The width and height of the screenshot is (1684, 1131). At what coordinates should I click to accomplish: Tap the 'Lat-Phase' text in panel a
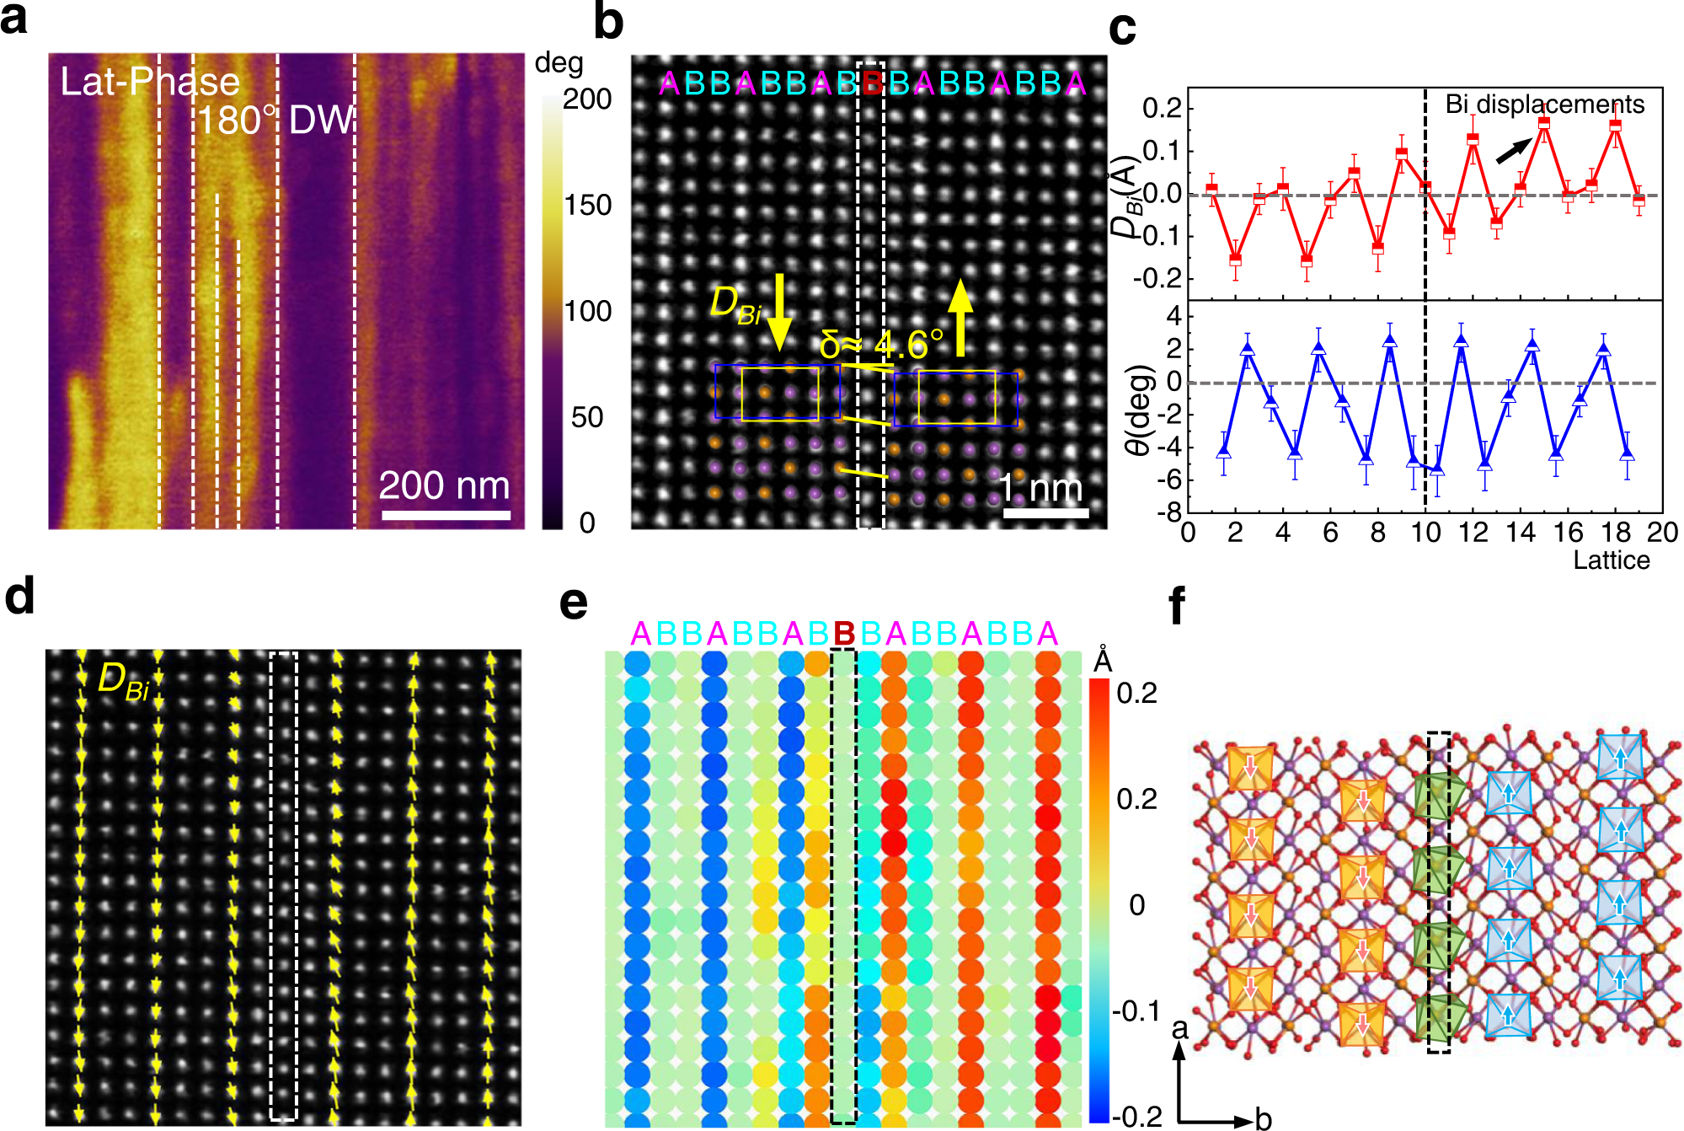(150, 82)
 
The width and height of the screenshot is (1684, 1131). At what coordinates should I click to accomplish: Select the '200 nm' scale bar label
(444, 485)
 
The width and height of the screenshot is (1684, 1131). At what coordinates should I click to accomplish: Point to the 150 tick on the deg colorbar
(587, 205)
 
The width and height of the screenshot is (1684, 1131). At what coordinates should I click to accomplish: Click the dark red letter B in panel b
(872, 83)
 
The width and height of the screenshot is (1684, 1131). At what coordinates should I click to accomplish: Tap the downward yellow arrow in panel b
(779, 312)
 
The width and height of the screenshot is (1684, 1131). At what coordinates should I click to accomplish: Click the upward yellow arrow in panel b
(960, 318)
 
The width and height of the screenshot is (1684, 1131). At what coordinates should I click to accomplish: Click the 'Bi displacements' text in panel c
(1544, 104)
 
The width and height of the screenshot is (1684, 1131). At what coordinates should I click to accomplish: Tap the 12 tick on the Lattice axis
(1473, 533)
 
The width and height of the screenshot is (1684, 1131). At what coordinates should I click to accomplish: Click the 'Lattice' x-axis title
(1611, 560)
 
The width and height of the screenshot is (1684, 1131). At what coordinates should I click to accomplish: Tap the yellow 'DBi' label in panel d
(123, 681)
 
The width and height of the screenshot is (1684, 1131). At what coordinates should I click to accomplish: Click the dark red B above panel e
(844, 634)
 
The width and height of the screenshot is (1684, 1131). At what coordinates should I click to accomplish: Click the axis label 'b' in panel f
(1263, 1118)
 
